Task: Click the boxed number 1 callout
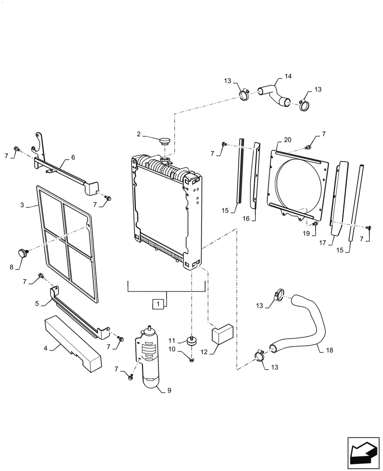click(159, 304)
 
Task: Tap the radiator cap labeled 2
click(165, 141)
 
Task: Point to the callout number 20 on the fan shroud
click(288, 140)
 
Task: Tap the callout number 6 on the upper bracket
click(73, 157)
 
